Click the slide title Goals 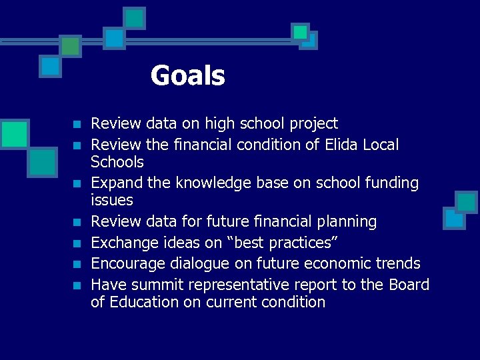coord(187,75)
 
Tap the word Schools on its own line coord(117,161)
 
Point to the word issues coord(112,200)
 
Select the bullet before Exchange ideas coord(77,243)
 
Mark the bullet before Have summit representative coord(77,285)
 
